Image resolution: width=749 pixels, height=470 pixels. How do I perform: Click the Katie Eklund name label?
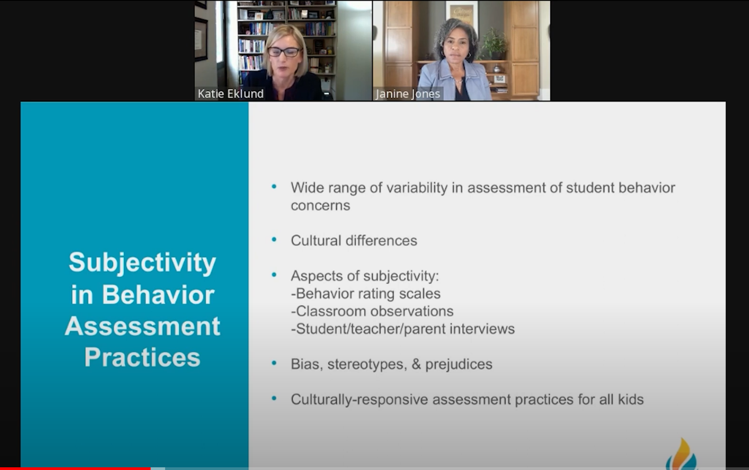point(230,94)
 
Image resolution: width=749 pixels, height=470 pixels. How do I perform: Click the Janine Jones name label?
point(408,94)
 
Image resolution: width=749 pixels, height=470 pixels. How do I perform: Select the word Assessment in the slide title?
point(143,326)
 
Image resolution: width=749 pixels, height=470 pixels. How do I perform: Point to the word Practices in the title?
point(143,357)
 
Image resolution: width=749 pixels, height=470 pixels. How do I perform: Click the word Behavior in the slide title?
point(158,294)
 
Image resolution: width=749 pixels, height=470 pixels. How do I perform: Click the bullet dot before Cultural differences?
point(274,240)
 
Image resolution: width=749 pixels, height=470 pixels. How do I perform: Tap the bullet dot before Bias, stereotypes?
point(274,363)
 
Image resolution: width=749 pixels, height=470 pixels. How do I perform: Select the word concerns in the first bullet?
point(321,205)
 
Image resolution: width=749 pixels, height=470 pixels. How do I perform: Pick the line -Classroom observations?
point(372,311)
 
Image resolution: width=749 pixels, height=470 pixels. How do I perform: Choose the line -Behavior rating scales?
point(366,294)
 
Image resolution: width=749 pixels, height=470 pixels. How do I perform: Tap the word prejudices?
point(459,364)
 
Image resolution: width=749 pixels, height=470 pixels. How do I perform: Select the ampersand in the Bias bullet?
point(416,364)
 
